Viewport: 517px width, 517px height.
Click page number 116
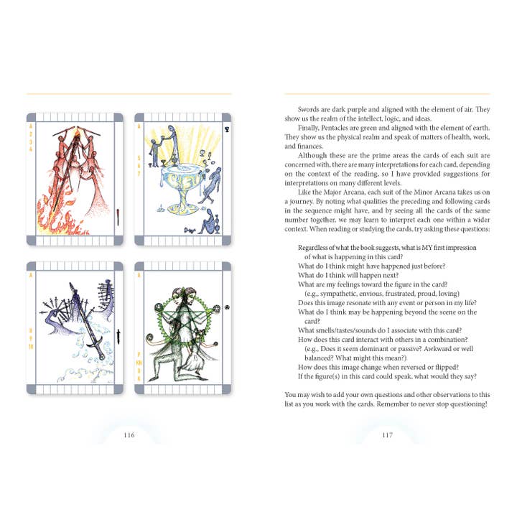tap(129, 435)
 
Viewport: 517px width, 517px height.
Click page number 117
tap(388, 435)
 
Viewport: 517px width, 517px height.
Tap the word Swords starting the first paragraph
tap(309, 109)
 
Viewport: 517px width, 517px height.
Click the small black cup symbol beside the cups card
tap(227, 129)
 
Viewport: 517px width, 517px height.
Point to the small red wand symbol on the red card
tap(118, 217)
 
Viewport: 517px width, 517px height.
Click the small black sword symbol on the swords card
tap(118, 335)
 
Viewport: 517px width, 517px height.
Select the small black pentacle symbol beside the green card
tap(227, 307)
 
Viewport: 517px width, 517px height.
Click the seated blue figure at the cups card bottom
tap(208, 223)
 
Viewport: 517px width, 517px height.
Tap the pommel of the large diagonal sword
tap(101, 357)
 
